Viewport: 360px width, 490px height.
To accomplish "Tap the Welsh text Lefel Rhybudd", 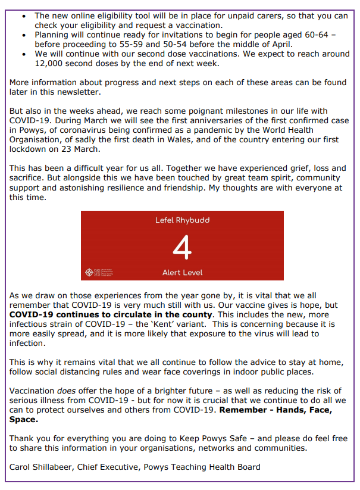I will pyautogui.click(x=182, y=220).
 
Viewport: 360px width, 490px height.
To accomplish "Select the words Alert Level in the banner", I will pyautogui.click(x=182, y=273).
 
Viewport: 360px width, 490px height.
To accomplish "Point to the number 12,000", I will pyautogui.click(x=52, y=63).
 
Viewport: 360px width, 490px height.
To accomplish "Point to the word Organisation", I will pyautogui.click(x=37, y=139).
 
